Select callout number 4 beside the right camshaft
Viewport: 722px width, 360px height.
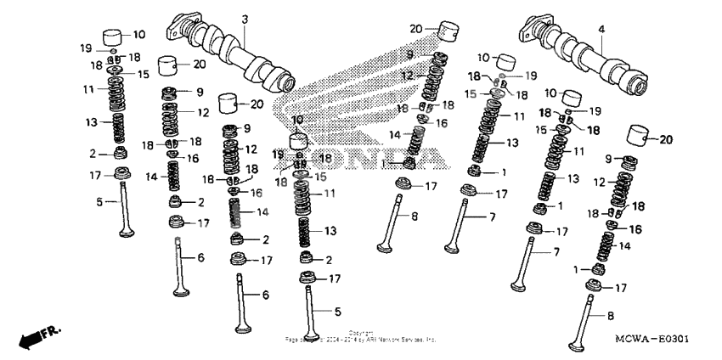pos(601,29)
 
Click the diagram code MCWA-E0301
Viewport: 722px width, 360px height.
pos(651,339)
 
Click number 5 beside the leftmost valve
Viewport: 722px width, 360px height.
pos(99,202)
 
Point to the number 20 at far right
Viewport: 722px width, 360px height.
pos(666,139)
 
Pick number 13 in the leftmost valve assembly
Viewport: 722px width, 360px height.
pos(93,123)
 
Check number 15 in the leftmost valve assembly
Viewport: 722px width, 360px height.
pos(143,75)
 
